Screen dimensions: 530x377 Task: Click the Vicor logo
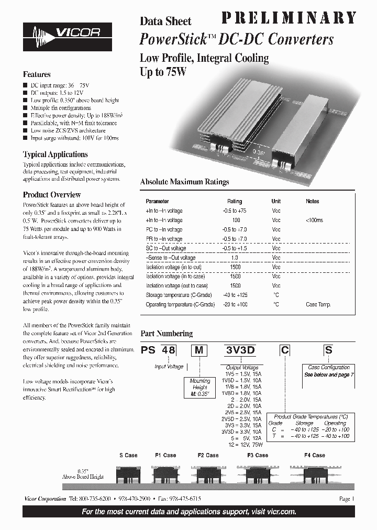[x=68, y=37]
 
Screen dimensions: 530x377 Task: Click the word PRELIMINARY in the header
[x=289, y=18]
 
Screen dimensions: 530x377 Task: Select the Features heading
[x=37, y=74]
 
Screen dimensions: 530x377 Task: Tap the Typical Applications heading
[x=55, y=154]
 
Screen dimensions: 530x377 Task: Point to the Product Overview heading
[x=51, y=195]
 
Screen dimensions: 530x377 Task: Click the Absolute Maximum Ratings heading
[x=184, y=182]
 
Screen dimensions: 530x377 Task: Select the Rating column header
[x=235, y=201]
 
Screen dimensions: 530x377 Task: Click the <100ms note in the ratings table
[x=314, y=220]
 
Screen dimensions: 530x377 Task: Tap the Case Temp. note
[x=317, y=305]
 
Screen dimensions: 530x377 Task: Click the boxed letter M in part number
[x=198, y=351]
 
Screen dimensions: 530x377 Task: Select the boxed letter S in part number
[x=328, y=351]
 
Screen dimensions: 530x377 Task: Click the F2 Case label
[x=208, y=455]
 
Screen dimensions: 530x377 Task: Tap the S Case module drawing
[x=127, y=474]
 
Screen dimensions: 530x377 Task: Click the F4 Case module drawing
[x=315, y=474]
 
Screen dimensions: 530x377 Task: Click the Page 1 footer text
[x=347, y=499]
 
